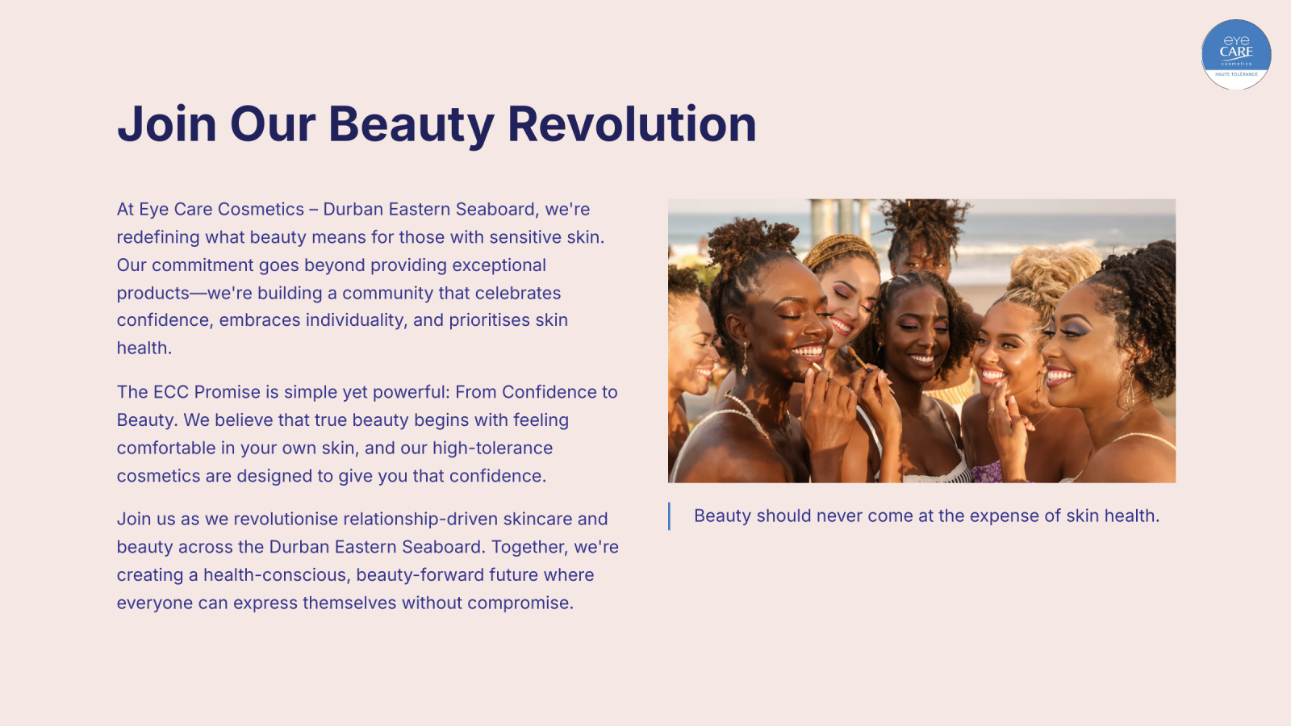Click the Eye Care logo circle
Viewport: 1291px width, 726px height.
[1236, 54]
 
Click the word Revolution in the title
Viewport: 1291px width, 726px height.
[632, 124]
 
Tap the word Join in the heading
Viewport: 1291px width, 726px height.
[167, 124]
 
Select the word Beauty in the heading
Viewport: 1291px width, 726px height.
[411, 126]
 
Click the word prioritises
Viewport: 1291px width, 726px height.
[489, 320]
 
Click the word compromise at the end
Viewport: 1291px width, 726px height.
[520, 603]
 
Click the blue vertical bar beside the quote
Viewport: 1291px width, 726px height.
[669, 516]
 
